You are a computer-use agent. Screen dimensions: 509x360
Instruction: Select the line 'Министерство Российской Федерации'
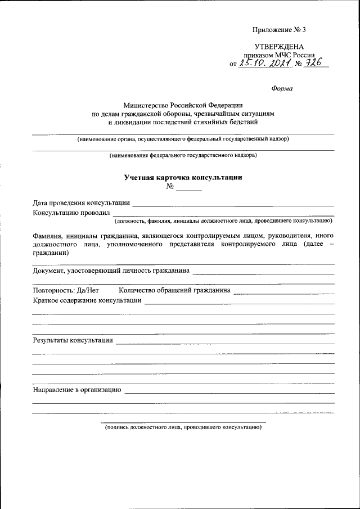pyautogui.click(x=183, y=105)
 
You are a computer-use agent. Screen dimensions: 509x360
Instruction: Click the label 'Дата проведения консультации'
pyautogui.click(x=81, y=202)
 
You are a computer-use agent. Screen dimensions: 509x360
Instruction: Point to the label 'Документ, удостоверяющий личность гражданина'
pyautogui.click(x=111, y=271)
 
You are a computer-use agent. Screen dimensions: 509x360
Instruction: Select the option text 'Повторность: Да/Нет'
pyautogui.click(x=66, y=290)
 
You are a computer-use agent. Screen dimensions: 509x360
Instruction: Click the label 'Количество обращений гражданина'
pyautogui.click(x=174, y=290)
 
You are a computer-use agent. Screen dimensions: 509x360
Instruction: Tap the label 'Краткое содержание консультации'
pyautogui.click(x=87, y=300)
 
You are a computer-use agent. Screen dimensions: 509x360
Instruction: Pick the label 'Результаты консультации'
pyautogui.click(x=73, y=340)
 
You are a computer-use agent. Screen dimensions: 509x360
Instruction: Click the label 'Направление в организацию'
pyautogui.click(x=77, y=389)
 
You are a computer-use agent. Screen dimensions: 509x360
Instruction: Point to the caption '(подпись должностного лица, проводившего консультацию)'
pyautogui.click(x=183, y=427)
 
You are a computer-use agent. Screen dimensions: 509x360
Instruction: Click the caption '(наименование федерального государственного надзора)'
pyautogui.click(x=183, y=155)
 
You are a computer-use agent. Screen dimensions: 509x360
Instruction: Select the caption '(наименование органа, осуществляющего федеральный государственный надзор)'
pyautogui.click(x=183, y=138)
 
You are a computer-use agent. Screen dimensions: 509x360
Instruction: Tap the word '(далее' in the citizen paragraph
pyautogui.click(x=312, y=245)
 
